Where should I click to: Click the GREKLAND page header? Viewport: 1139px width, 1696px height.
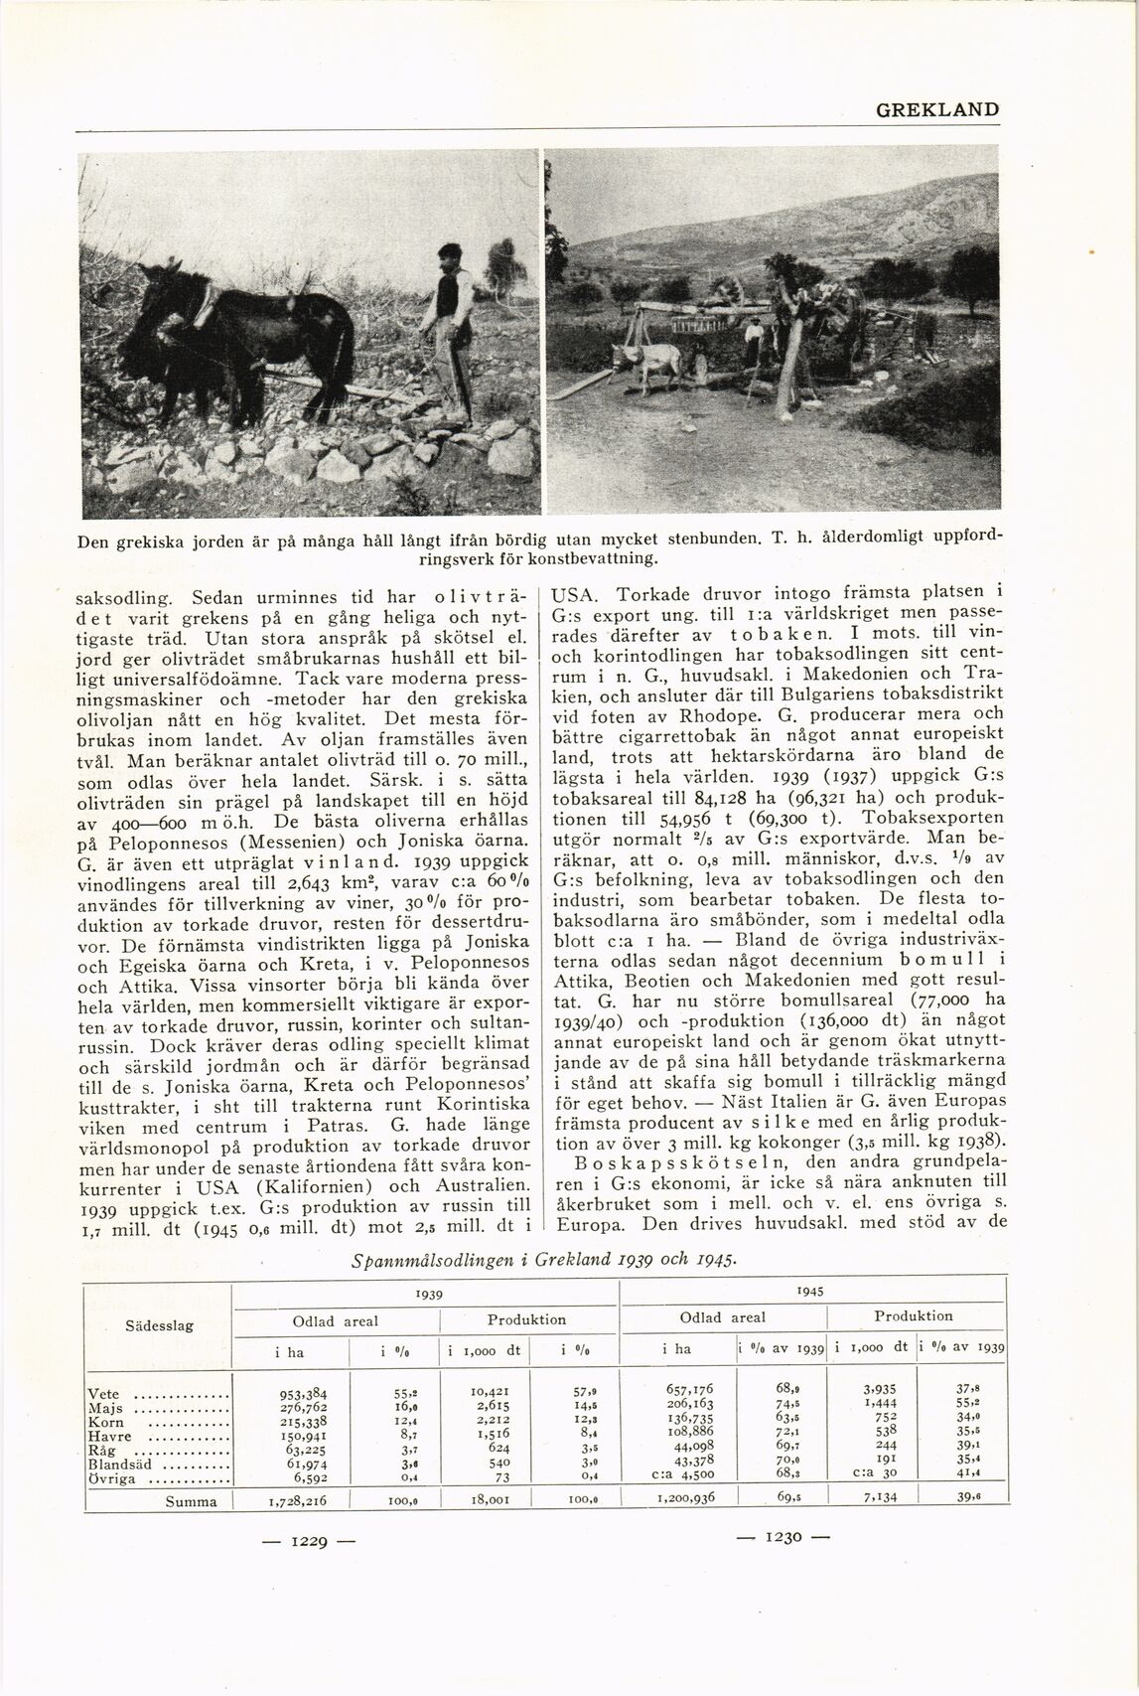(x=936, y=109)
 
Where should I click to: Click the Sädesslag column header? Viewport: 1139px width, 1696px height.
(x=159, y=1325)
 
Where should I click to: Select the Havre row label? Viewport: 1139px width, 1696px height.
(x=109, y=1436)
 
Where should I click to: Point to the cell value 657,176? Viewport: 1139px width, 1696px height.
(x=687, y=1388)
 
